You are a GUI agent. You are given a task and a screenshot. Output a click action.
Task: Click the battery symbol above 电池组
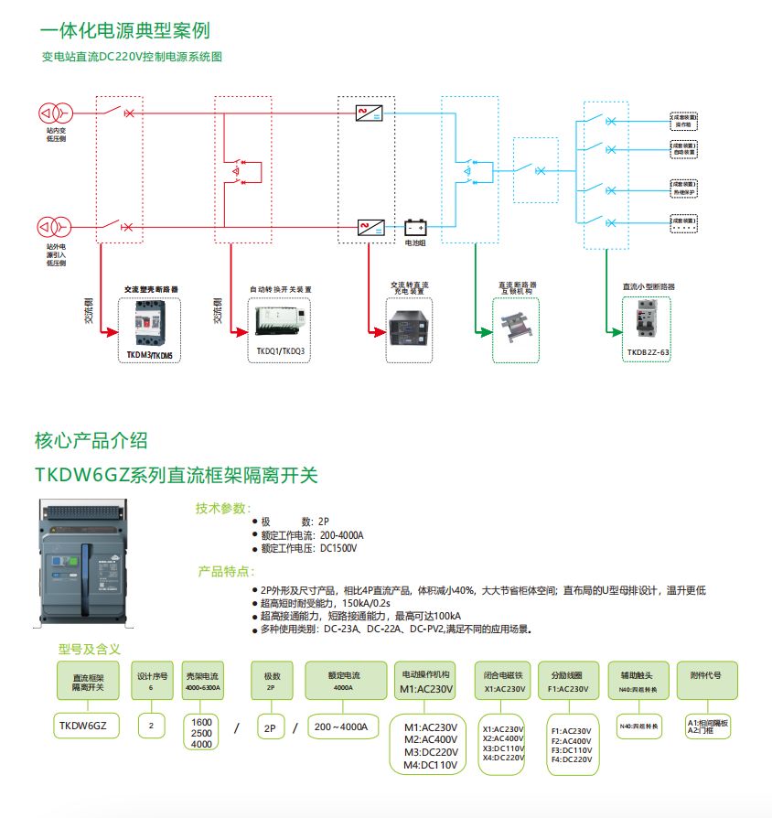416,227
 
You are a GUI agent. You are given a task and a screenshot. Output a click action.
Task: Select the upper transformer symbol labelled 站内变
49,113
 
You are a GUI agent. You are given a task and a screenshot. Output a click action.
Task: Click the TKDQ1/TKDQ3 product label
280,350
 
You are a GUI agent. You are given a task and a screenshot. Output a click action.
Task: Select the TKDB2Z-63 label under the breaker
649,351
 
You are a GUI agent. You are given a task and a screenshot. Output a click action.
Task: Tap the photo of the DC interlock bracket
515,326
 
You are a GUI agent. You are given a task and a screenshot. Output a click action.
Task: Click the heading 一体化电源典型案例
124,30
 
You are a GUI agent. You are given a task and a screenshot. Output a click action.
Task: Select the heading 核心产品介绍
91,441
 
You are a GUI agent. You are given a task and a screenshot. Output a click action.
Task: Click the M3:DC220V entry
430,752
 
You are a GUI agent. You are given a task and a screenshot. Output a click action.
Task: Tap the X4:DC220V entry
503,758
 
